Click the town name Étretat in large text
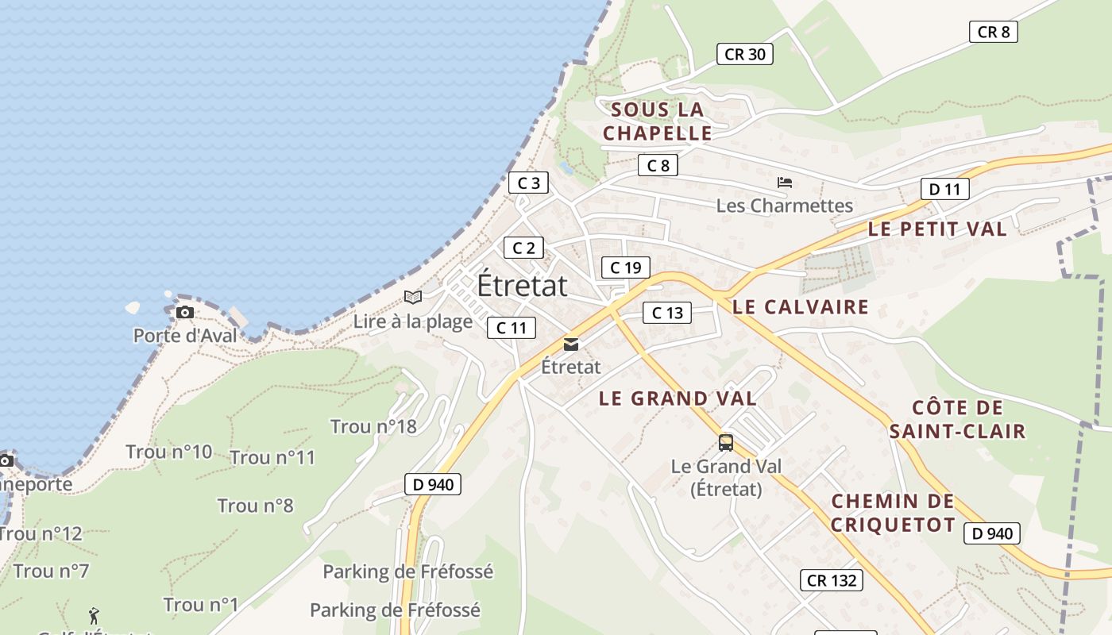pyautogui.click(x=522, y=286)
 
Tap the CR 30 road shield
pyautogui.click(x=744, y=54)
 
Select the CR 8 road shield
pyautogui.click(x=993, y=32)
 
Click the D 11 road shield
pyautogui.click(x=944, y=189)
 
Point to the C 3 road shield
pyautogui.click(x=528, y=183)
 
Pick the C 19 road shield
pyautogui.click(x=625, y=267)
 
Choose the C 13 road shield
pyautogui.click(x=667, y=313)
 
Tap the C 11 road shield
pyautogui.click(x=512, y=327)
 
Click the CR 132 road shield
pyautogui.click(x=831, y=580)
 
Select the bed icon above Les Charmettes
pyautogui.click(x=785, y=183)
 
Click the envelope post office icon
pyautogui.click(x=570, y=344)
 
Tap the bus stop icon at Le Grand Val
pyautogui.click(x=725, y=443)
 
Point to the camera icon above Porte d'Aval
pyautogui.click(x=185, y=312)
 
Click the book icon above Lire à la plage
pyautogui.click(x=412, y=297)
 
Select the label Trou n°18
pyautogui.click(x=373, y=426)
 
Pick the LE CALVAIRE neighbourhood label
pyautogui.click(x=801, y=307)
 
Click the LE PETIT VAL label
pyautogui.click(x=937, y=229)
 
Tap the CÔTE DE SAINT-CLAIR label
pyautogui.click(x=957, y=420)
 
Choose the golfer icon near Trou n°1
pyautogui.click(x=94, y=615)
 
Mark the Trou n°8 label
pyautogui.click(x=255, y=506)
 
